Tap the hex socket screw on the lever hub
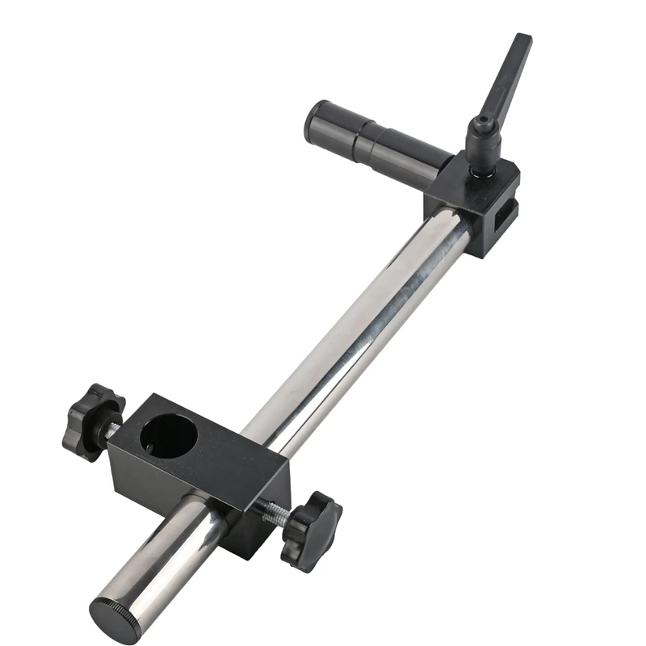483,122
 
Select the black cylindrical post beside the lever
380,139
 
